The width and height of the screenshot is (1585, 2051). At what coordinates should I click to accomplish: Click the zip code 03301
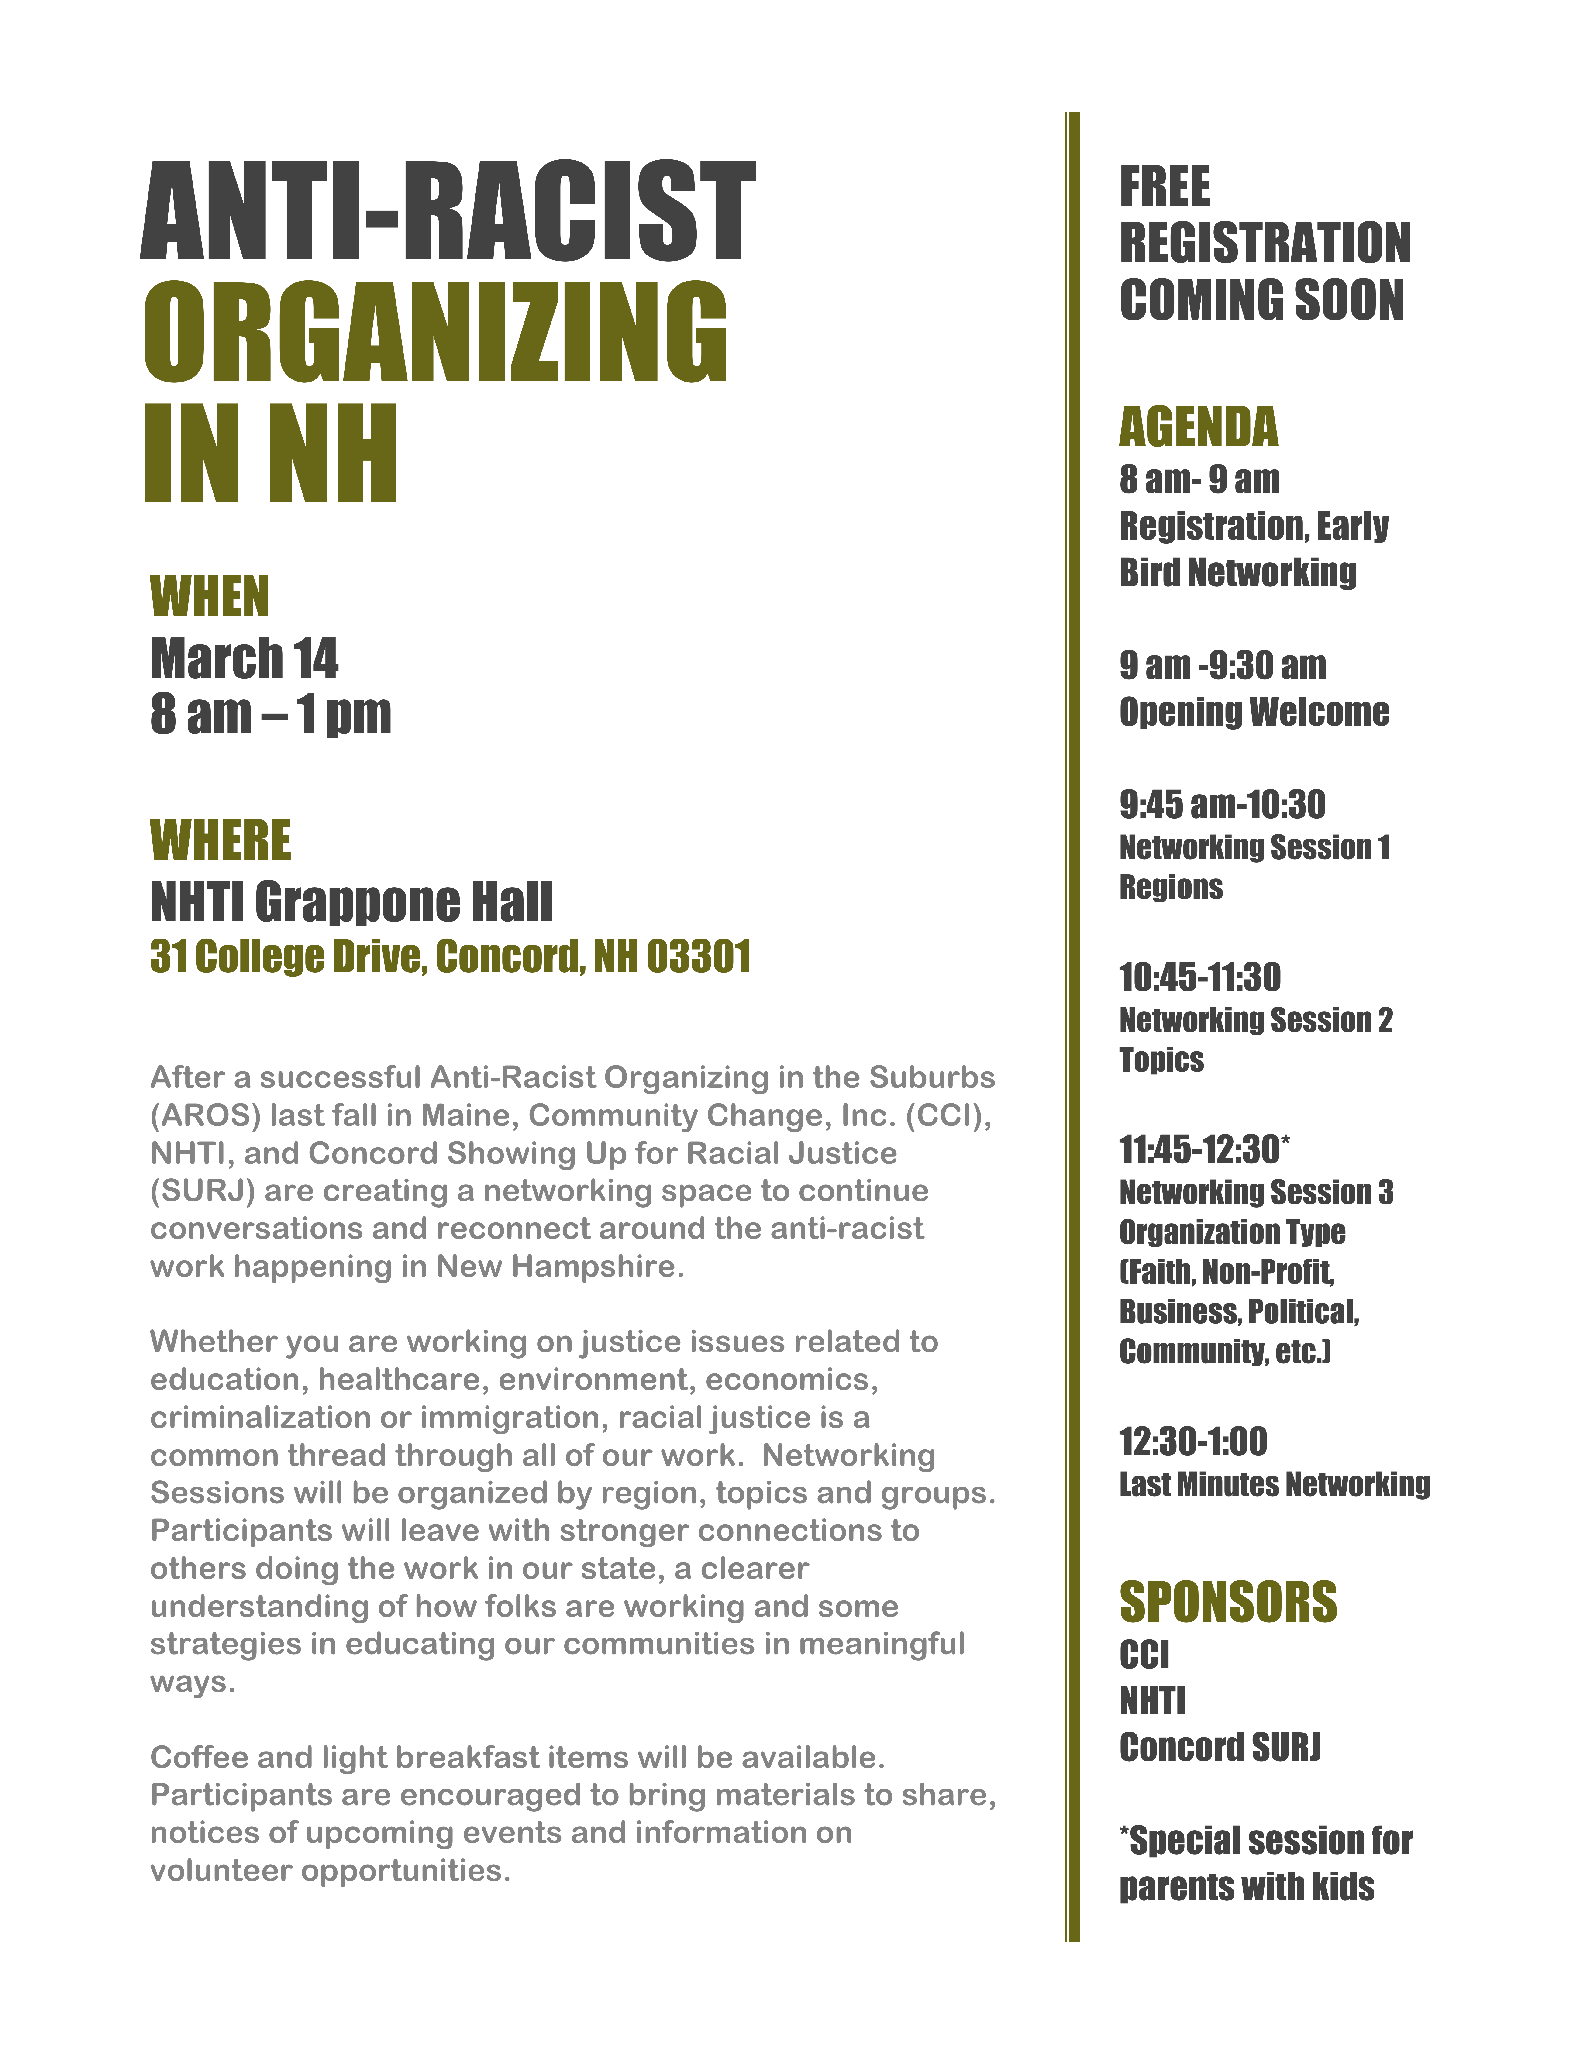coord(699,957)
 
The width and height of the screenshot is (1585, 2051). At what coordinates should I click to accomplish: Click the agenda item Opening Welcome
coord(1254,712)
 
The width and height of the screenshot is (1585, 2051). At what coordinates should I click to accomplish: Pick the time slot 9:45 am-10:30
coord(1222,805)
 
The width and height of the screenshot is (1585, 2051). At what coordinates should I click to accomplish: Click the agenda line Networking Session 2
coord(1255,1020)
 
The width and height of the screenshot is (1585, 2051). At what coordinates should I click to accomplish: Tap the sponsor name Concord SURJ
coord(1220,1748)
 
